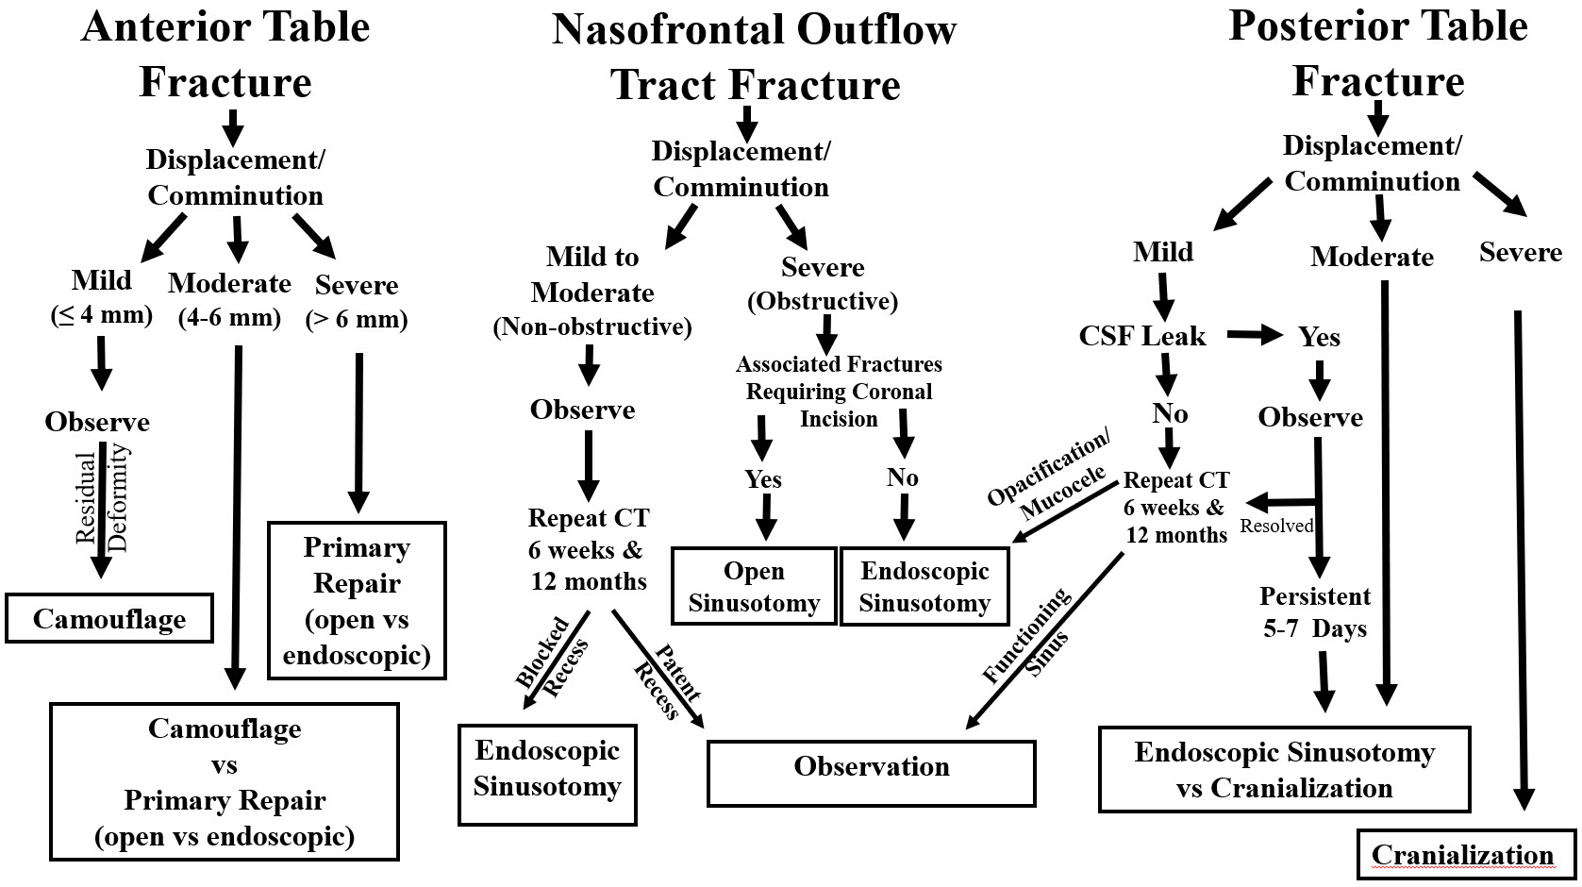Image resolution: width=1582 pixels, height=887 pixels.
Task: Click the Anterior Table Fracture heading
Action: click(x=225, y=54)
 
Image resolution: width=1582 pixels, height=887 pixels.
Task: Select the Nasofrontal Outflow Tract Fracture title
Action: click(x=755, y=58)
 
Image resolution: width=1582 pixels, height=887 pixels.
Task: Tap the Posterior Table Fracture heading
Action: click(x=1377, y=54)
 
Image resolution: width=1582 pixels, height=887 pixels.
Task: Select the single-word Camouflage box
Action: click(x=109, y=619)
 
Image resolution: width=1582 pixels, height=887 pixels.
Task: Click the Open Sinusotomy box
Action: click(x=754, y=586)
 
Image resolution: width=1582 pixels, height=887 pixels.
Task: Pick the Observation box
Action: click(x=871, y=766)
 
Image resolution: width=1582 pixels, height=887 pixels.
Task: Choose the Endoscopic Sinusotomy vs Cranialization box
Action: click(x=1284, y=769)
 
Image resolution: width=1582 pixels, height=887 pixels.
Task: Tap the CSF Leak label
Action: click(x=1142, y=336)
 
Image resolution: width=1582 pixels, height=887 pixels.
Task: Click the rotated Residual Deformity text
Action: click(x=102, y=500)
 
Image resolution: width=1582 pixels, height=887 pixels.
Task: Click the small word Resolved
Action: click(x=1276, y=526)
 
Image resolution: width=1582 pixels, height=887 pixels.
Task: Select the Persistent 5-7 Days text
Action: click(x=1315, y=612)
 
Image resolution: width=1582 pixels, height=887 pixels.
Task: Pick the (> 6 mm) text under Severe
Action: click(x=357, y=320)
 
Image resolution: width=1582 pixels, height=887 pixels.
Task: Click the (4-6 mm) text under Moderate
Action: click(x=229, y=317)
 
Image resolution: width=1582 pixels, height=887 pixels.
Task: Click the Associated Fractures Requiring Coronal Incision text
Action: click(x=839, y=391)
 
